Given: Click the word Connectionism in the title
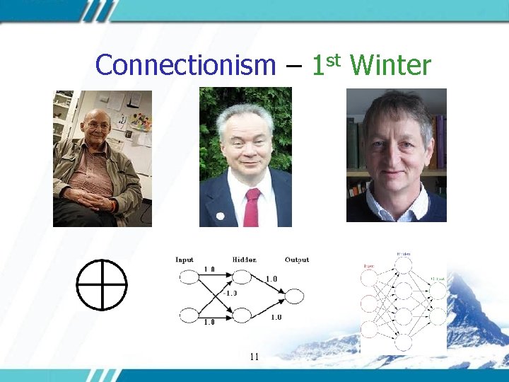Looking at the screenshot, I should pyautogui.click(x=185, y=65).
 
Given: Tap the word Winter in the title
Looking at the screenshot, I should pyautogui.click(x=390, y=65).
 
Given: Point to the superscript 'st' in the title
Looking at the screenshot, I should pyautogui.click(x=334, y=58).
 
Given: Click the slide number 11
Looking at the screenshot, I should pyautogui.click(x=254, y=357).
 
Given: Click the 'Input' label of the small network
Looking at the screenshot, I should pyautogui.click(x=184, y=260).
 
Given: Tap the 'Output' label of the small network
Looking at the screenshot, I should pyautogui.click(x=297, y=260).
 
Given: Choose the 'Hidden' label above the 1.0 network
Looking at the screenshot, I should pyautogui.click(x=244, y=260).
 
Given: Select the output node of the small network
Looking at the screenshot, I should pyautogui.click(x=294, y=296).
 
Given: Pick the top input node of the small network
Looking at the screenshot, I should pyautogui.click(x=189, y=278).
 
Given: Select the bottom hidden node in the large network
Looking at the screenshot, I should pyautogui.click(x=403, y=342).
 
